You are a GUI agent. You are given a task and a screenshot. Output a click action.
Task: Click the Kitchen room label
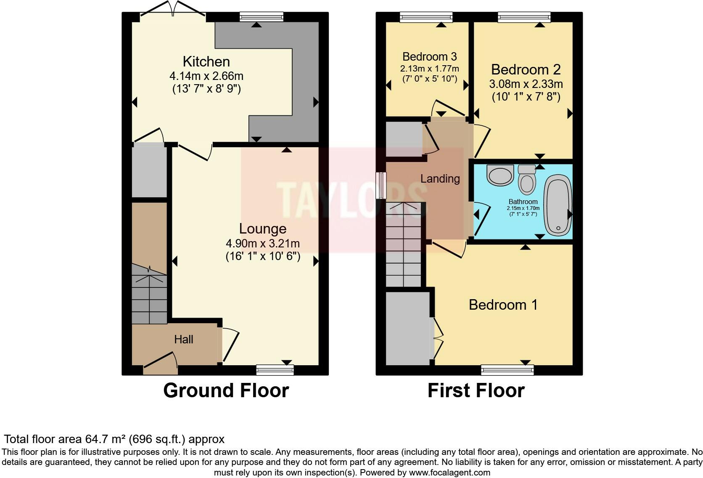pos(206,62)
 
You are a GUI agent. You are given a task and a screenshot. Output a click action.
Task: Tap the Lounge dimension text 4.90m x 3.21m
pos(262,244)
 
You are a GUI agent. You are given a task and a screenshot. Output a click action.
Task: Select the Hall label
pos(184,340)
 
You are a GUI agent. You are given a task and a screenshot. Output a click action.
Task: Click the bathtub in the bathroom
pos(558,205)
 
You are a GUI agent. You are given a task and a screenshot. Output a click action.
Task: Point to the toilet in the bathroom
pos(526,180)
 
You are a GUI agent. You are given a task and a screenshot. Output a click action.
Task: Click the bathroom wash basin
pos(500,175)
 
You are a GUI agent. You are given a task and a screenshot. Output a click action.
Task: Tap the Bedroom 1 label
pos(503,305)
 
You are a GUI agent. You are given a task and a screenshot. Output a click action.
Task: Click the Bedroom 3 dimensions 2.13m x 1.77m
pos(429,69)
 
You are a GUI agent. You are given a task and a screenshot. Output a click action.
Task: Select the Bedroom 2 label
pos(526,69)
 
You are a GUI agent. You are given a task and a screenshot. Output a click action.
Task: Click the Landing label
pos(440,179)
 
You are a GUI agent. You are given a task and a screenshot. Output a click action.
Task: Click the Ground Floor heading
pos(226,390)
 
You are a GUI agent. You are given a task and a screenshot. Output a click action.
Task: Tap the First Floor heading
pos(476,390)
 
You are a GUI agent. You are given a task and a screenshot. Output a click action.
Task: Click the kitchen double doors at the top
pos(173,10)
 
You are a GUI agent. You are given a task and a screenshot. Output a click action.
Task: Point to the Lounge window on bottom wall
pos(275,370)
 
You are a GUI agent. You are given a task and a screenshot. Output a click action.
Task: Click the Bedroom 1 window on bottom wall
pos(507,370)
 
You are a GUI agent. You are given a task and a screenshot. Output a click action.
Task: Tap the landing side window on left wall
pos(381,185)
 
